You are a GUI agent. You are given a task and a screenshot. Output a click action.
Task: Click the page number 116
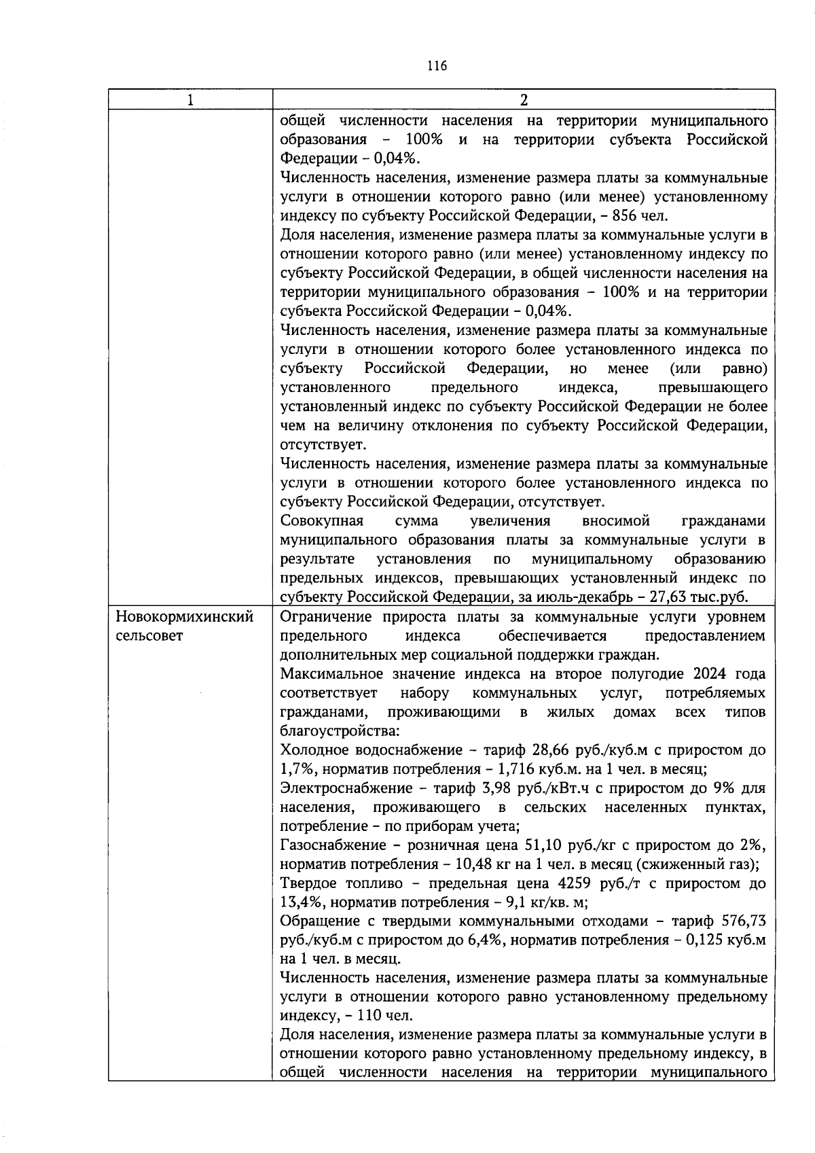pos(437,66)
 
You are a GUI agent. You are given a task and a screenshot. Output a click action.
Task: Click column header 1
pos(190,100)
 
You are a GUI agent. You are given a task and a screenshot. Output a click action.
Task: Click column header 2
pos(523,100)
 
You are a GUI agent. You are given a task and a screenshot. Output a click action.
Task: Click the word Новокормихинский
pos(185,617)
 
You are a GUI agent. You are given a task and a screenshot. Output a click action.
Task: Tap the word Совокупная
pos(322,521)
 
